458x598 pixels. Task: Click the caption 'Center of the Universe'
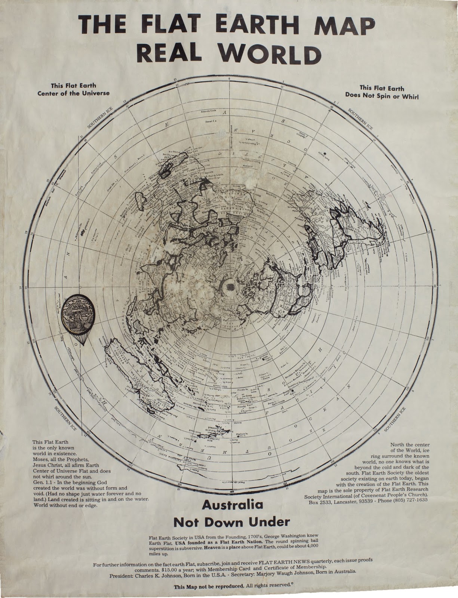pyautogui.click(x=74, y=93)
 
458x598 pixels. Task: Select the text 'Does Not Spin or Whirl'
pyautogui.click(x=382, y=96)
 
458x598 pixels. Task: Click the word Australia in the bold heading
pyautogui.click(x=233, y=505)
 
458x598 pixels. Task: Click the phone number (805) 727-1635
pyautogui.click(x=406, y=502)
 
